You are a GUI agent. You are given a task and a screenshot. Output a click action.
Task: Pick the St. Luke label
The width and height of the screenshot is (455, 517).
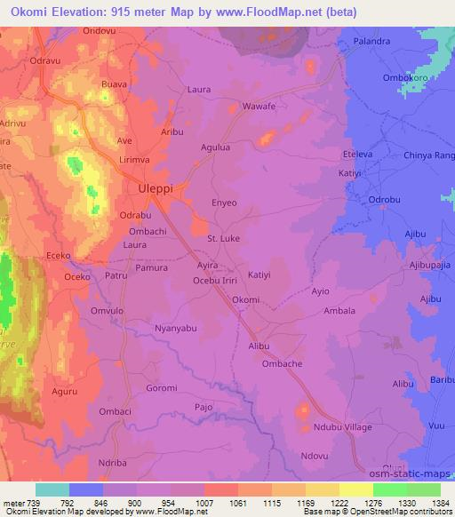[x=223, y=239]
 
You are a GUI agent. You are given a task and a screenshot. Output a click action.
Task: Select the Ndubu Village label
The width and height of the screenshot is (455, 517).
[x=343, y=427]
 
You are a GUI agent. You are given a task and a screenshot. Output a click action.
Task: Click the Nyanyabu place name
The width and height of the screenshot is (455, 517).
[x=174, y=329]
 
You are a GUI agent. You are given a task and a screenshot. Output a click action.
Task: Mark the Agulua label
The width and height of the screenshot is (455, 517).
[x=216, y=147]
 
